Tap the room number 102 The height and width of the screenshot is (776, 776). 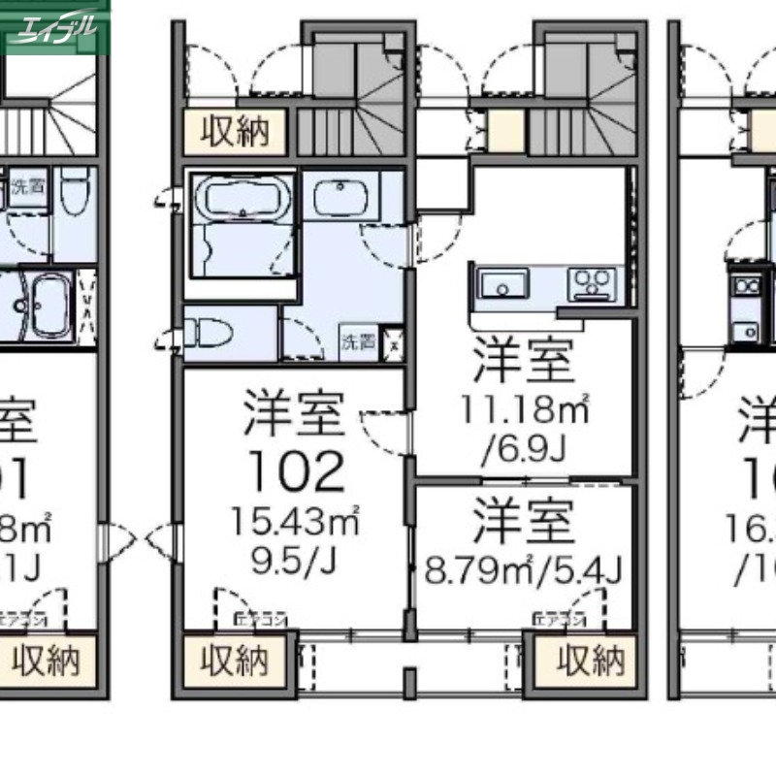click(295, 471)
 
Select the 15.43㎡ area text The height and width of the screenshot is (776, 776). click(295, 523)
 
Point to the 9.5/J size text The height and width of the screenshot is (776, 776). click(295, 562)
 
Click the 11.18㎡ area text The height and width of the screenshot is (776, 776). click(524, 411)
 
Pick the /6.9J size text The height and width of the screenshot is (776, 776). click(524, 448)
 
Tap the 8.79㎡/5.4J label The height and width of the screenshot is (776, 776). click(524, 564)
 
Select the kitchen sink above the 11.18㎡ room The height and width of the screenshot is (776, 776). click(503, 284)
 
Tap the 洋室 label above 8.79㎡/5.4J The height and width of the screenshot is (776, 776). click(524, 520)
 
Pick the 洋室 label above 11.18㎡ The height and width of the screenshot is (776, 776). click(524, 362)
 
